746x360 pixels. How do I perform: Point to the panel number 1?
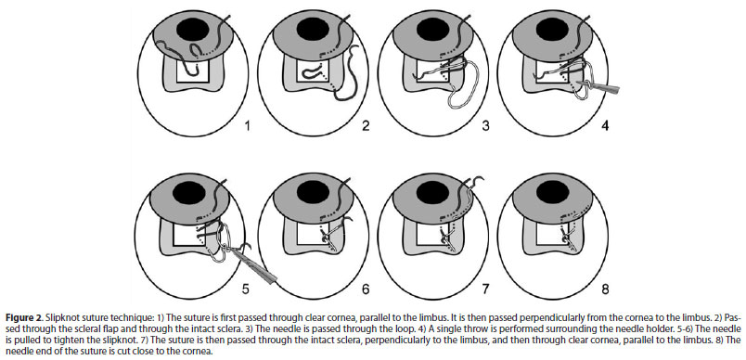tap(247, 126)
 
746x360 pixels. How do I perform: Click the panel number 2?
tap(366, 126)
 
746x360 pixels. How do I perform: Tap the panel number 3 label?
tap(486, 126)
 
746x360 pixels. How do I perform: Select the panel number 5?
tap(245, 289)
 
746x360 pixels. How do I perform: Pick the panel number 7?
tap(485, 289)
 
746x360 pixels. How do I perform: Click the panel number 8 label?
tap(605, 289)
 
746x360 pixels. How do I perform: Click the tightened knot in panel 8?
tap(565, 234)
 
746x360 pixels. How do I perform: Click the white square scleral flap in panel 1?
tap(192, 71)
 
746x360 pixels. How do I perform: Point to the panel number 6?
tap(366, 289)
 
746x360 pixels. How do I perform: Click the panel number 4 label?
tap(606, 126)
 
